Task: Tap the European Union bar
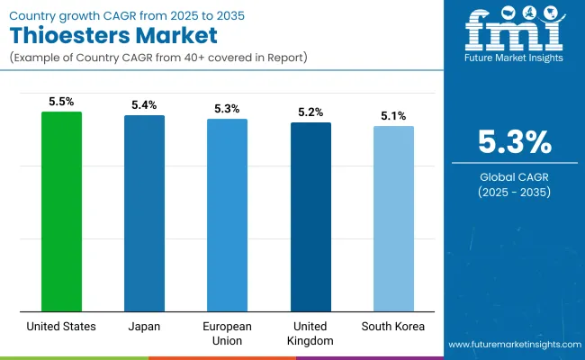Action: click(227, 215)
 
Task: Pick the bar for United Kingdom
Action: click(310, 217)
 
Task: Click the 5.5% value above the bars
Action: click(61, 103)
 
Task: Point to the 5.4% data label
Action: click(144, 105)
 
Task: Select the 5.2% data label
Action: click(310, 112)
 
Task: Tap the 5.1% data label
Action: click(393, 116)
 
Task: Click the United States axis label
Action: click(61, 326)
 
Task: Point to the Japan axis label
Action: click(144, 326)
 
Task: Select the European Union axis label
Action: click(227, 332)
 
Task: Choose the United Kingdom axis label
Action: click(310, 332)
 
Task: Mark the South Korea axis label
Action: click(393, 326)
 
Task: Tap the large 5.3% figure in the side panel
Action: click(513, 143)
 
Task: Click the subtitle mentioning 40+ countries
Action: click(157, 58)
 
